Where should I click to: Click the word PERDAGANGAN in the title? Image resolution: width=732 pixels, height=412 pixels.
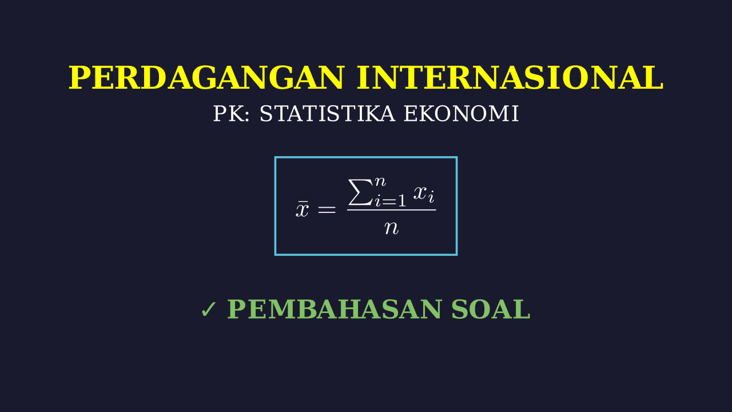point(206,77)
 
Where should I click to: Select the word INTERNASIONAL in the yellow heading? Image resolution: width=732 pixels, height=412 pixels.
point(510,77)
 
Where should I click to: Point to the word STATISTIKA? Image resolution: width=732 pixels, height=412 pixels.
point(327,114)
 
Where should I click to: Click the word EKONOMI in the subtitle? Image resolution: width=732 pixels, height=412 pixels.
point(462,114)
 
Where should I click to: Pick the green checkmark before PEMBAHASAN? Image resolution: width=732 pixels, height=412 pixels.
point(209,310)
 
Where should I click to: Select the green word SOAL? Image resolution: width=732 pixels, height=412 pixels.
point(491,310)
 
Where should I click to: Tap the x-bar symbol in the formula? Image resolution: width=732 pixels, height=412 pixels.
point(302,209)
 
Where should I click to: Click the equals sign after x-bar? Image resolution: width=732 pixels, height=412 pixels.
point(327,209)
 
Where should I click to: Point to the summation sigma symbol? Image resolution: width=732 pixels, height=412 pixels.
point(360,192)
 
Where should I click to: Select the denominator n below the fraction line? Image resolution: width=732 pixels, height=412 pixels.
point(392,228)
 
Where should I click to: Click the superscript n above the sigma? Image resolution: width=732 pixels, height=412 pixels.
point(380,181)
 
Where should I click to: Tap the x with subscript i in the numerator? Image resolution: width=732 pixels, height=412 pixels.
point(424,193)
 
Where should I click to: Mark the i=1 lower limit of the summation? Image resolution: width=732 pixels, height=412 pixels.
point(391,200)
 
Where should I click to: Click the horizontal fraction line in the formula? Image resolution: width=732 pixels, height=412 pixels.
point(392,210)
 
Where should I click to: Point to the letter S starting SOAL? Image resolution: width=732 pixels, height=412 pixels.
point(459,310)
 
